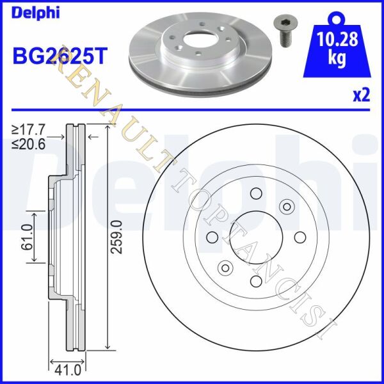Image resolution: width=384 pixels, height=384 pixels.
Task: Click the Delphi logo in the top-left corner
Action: point(36,13)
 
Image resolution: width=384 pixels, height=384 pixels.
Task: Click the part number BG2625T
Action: point(60,55)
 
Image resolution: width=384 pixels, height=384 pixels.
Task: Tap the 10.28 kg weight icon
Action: point(337,44)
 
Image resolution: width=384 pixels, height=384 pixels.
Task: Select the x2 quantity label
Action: point(361,96)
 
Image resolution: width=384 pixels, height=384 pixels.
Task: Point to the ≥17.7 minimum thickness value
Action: point(29,130)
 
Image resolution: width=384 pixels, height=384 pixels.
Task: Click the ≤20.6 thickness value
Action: point(29,145)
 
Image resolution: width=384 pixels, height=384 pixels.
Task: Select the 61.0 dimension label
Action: point(27,237)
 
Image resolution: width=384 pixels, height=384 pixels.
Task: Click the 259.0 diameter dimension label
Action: point(116,237)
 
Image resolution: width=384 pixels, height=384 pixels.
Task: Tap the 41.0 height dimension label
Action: point(67,371)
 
